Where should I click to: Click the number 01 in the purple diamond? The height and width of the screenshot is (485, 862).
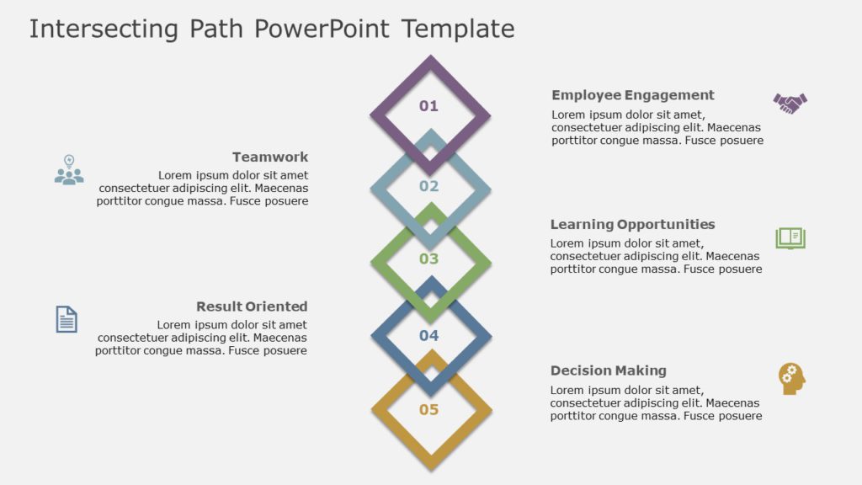(429, 106)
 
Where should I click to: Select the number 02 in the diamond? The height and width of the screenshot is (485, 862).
(429, 186)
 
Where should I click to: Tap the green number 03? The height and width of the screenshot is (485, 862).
(429, 259)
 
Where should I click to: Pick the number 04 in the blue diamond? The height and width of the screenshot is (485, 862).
(429, 336)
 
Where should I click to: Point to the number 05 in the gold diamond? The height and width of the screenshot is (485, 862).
(429, 410)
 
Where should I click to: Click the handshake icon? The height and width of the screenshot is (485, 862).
(790, 103)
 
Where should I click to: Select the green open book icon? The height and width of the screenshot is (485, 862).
(790, 238)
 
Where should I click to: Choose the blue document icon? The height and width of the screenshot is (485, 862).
(67, 319)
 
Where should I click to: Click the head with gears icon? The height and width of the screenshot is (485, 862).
(791, 379)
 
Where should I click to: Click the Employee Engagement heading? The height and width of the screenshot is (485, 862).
(633, 95)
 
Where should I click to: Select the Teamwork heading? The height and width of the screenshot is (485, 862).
(270, 157)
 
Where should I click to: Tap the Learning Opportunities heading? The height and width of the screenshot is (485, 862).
(632, 225)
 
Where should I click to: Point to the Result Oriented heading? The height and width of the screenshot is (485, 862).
(252, 306)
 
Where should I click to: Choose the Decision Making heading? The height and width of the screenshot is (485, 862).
(608, 370)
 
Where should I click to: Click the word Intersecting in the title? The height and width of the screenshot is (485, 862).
(104, 29)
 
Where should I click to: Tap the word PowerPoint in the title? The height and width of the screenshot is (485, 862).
(322, 29)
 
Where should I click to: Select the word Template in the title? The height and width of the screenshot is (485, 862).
(458, 29)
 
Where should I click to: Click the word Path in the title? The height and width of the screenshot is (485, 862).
(215, 29)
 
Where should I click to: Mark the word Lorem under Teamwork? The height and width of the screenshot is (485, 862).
(176, 175)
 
